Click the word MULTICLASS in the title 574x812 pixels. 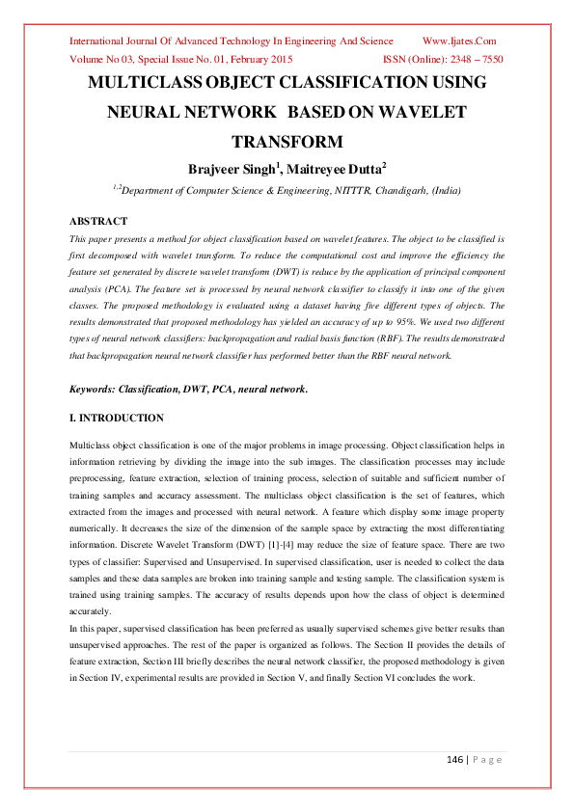pos(151,83)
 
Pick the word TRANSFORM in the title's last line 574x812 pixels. pos(287,143)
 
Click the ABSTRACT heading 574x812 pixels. pos(99,221)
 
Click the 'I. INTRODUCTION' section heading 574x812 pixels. pos(116,419)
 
